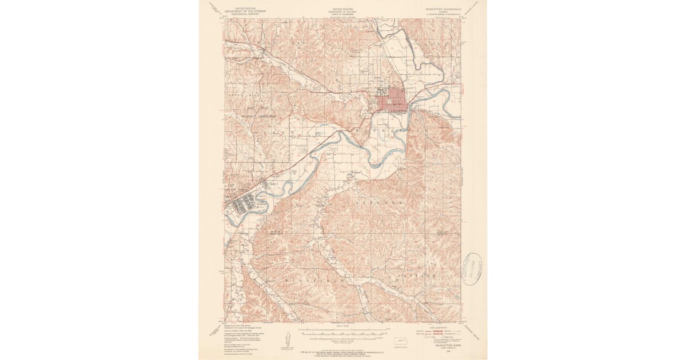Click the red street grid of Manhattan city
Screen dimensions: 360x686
pos(392,103)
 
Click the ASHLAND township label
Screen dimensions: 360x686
pos(380,203)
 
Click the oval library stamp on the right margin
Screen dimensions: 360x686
pos(473,268)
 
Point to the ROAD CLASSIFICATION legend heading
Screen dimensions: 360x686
pos(444,327)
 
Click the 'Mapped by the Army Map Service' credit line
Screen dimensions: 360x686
pos(239,325)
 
